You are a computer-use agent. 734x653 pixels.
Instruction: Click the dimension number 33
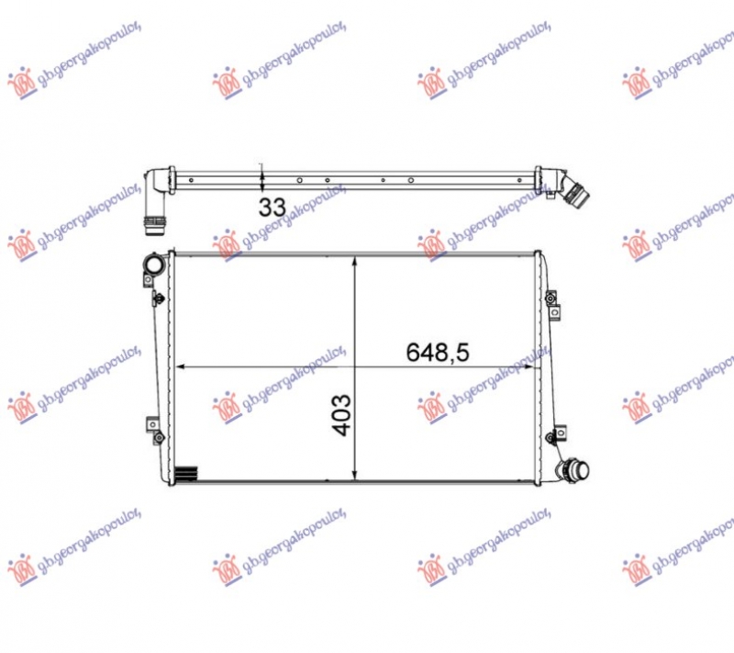[x=272, y=207]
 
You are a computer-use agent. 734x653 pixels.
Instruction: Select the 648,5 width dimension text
[x=438, y=353]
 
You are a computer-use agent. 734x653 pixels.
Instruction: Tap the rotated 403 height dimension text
[x=341, y=415]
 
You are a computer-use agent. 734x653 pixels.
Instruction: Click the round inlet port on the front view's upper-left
[x=154, y=265]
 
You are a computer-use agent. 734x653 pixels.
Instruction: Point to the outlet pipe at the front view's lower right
[x=573, y=469]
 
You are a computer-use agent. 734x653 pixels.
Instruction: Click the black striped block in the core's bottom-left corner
[x=186, y=474]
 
